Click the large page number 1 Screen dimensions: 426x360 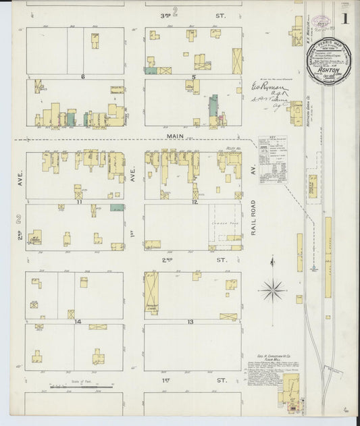pos(344,18)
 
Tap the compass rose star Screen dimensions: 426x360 pos(273,291)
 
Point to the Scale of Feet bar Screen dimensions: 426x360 pos(81,387)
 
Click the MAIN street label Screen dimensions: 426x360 pos(176,136)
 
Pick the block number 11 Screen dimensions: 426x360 pos(79,201)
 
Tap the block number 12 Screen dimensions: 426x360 pos(194,201)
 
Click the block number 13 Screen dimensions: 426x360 pos(191,321)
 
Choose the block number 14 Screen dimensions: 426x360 pos(78,321)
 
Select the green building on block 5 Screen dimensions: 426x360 pos(213,106)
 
